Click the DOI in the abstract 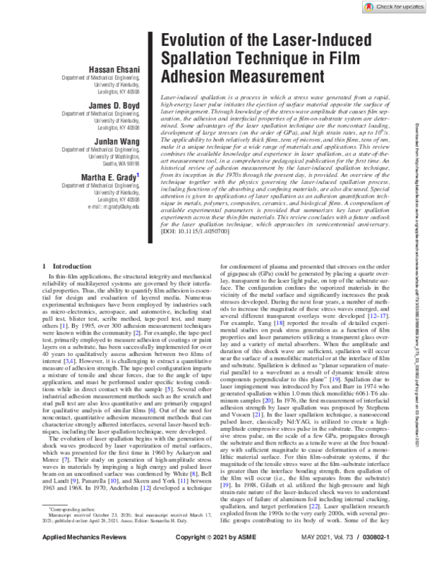197,232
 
